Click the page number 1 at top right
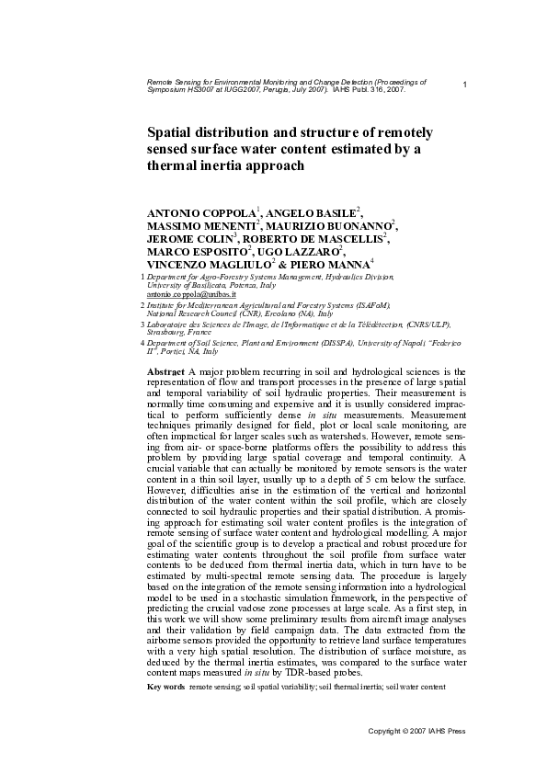465,85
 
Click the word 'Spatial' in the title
174,132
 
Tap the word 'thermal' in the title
176,167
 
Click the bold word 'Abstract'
166,370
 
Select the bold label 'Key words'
166,687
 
